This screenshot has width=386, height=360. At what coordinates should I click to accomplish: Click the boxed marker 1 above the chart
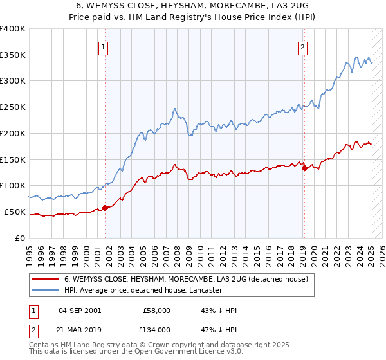[x=104, y=46]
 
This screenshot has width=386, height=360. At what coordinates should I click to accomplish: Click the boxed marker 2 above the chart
[x=302, y=46]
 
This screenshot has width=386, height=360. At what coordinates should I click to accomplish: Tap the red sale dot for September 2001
[x=105, y=207]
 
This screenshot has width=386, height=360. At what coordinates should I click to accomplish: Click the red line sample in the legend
[x=45, y=279]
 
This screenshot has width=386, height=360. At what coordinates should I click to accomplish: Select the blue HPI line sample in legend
[x=45, y=290]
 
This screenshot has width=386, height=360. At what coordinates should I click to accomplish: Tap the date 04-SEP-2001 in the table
[x=80, y=310]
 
